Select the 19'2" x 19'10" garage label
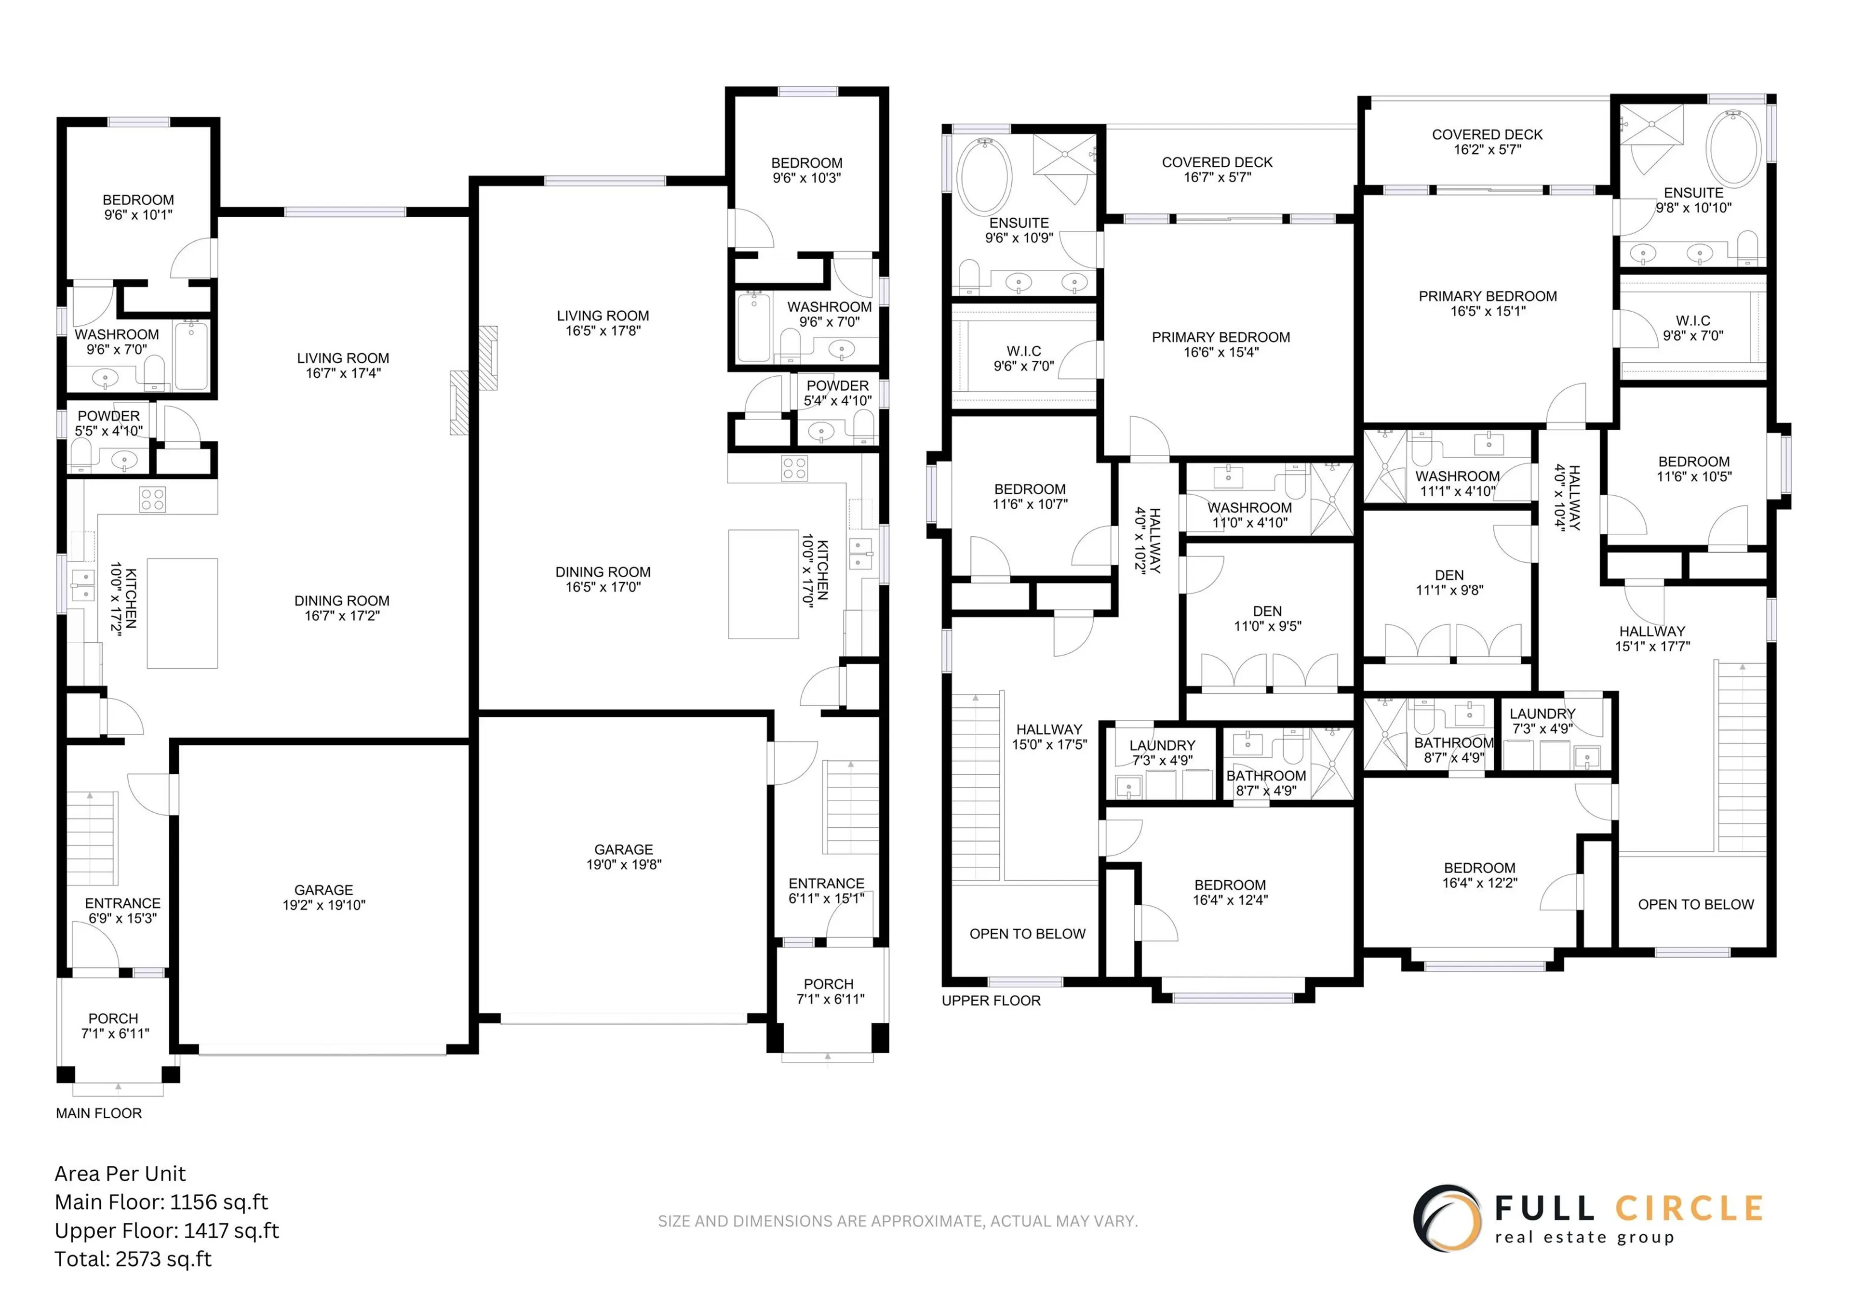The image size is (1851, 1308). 323,897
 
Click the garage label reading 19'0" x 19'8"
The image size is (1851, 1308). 623,857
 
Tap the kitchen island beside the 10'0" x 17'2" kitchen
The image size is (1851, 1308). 182,613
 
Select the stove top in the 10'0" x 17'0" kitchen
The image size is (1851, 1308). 794,468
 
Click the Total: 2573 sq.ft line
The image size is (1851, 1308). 133,1259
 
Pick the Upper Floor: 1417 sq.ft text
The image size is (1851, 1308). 166,1230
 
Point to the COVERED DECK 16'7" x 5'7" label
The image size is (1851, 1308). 1217,169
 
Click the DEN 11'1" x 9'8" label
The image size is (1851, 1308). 1449,582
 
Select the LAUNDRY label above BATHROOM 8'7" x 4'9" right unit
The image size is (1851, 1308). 1542,721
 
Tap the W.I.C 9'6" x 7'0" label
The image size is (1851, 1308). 1023,358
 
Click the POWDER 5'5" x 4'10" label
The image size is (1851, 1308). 109,423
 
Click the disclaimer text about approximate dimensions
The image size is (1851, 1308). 897,1221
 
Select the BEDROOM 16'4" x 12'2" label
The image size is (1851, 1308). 1479,874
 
